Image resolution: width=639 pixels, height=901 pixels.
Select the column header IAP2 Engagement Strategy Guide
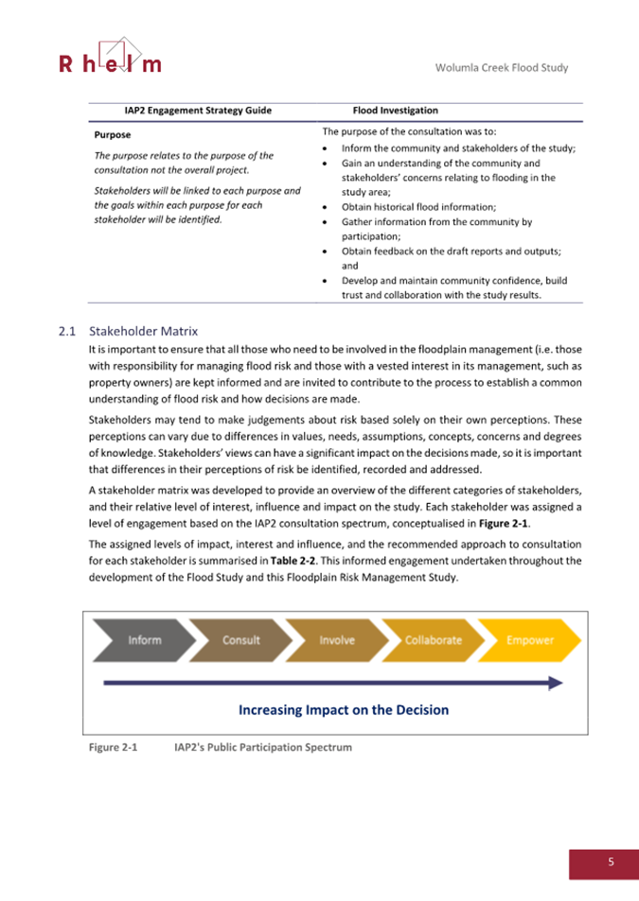point(198,111)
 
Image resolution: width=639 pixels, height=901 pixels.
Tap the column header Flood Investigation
point(395,111)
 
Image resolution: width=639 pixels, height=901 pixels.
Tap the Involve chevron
point(337,640)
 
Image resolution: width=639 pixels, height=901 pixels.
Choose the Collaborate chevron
point(433,640)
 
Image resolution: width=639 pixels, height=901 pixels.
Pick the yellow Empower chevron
point(529,640)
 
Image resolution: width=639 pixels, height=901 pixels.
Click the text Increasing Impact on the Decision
point(343,709)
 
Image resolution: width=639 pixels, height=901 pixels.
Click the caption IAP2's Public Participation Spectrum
point(263,748)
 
